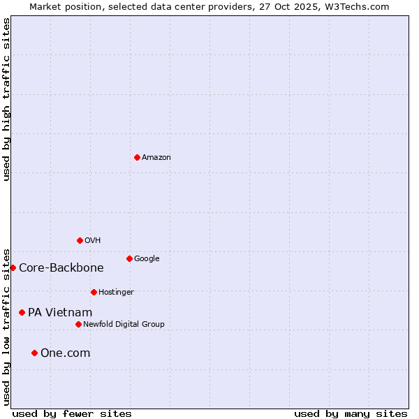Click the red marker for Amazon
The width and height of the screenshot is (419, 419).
[137, 157]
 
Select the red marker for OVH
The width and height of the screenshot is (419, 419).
[80, 240]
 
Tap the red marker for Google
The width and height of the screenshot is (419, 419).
[129, 258]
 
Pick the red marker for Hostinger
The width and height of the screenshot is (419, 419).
[94, 292]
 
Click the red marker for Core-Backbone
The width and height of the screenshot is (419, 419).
[13, 267]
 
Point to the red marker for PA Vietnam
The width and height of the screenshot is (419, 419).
[22, 312]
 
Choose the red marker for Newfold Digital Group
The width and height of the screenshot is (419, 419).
[78, 324]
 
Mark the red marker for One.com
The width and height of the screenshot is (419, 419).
[34, 353]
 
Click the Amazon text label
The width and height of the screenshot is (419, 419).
[156, 158]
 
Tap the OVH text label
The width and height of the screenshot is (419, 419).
[93, 241]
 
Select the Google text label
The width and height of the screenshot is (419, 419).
[147, 259]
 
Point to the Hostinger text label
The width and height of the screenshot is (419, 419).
[116, 293]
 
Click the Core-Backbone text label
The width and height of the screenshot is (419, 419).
[61, 268]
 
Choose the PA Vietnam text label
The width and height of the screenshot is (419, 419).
[60, 313]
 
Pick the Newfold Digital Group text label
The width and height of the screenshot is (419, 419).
[124, 325]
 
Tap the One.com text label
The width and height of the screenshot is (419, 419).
[65, 353]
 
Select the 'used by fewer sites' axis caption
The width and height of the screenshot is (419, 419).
[72, 413]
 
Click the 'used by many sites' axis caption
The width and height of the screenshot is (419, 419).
[351, 413]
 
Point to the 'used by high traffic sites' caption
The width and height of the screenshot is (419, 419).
[6, 99]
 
